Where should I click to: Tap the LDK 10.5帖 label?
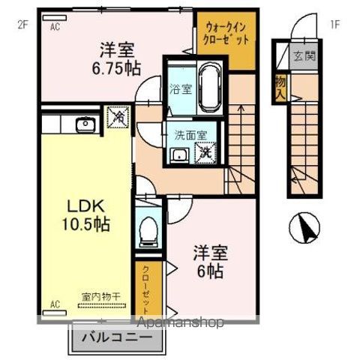pyautogui.click(x=80, y=213)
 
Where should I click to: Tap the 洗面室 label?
pyautogui.click(x=186, y=136)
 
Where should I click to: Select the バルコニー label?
pyautogui.click(x=118, y=337)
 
